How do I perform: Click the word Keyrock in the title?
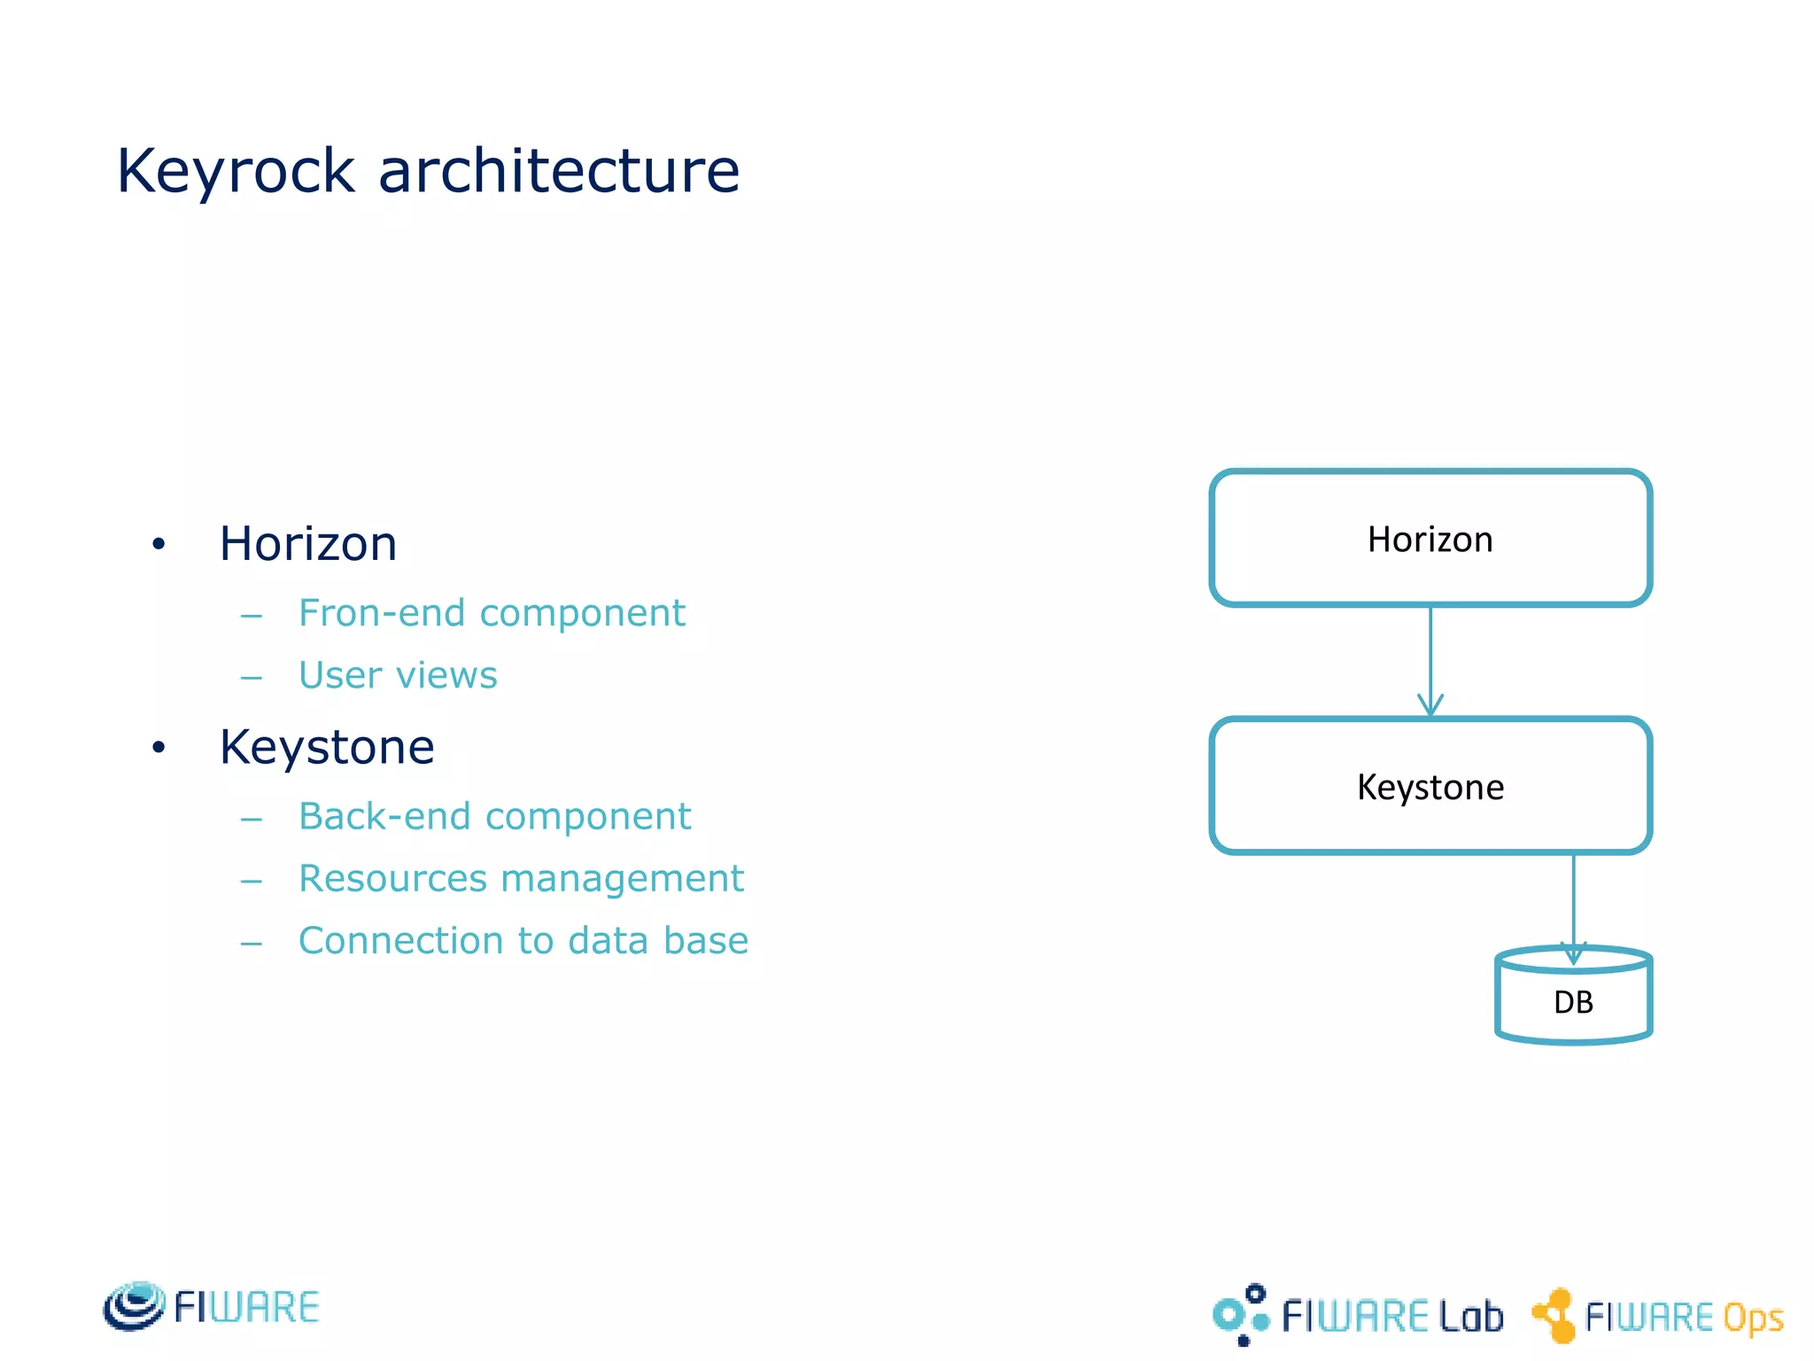[236, 171]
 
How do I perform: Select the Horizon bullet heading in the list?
[307, 543]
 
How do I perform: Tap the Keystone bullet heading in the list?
[327, 746]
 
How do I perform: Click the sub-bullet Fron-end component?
[492, 613]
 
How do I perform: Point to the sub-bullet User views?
[398, 675]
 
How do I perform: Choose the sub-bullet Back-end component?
[494, 816]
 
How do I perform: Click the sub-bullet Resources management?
[521, 878]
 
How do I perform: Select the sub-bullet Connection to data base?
[523, 940]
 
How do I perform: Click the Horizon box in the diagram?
[1430, 539]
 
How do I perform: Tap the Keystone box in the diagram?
[1430, 786]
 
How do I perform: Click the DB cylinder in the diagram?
[1573, 1001]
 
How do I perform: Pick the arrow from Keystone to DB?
[1573, 904]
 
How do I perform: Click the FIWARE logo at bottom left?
[211, 1307]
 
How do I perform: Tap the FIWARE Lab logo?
[1358, 1315]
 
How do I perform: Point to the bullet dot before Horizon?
[159, 544]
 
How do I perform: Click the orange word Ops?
[1752, 1318]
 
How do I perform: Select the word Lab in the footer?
[1471, 1316]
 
